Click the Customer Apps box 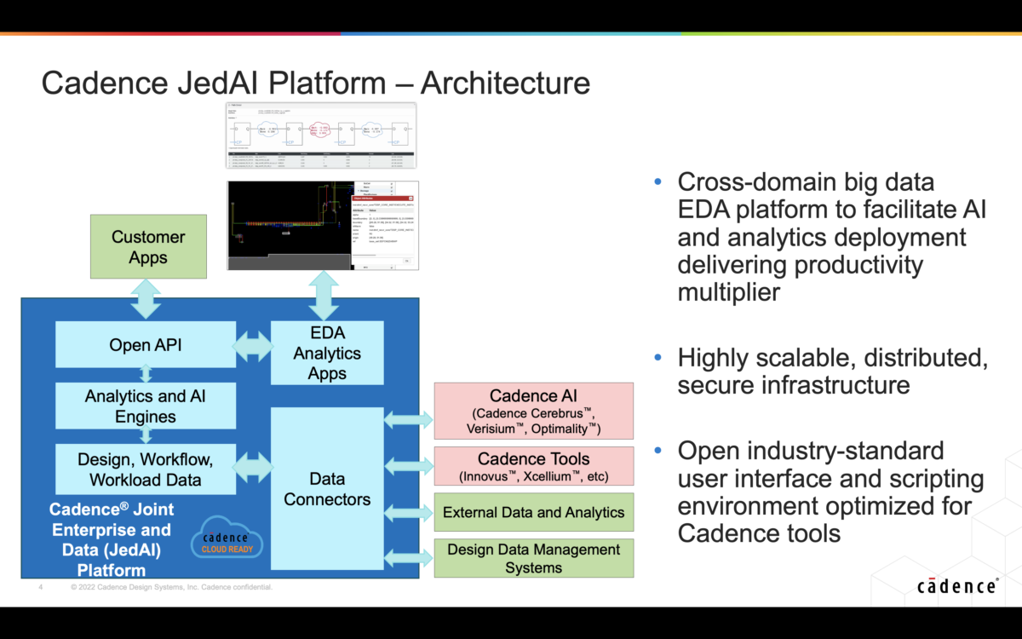148,247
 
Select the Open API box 145,345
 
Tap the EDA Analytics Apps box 327,353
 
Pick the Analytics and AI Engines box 145,406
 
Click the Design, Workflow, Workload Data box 145,469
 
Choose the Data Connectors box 327,489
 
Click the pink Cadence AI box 534,412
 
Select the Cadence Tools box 534,467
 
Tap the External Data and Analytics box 534,512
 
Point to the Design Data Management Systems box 534,558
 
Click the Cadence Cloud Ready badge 225,543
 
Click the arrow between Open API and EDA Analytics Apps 253,346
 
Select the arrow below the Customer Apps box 146,299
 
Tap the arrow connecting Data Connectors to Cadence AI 409,419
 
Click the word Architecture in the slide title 505,83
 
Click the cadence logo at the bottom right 957,586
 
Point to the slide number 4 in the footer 40,587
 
